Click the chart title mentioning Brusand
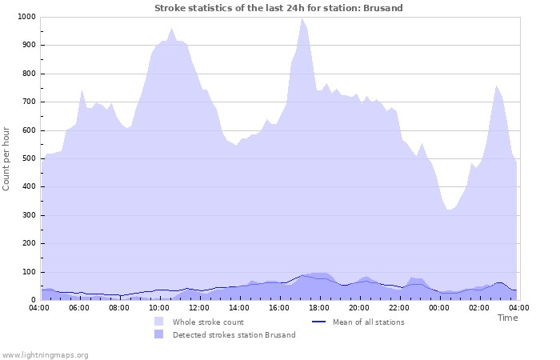[x=278, y=8]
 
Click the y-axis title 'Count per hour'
[x=7, y=158]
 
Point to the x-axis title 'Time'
[x=507, y=318]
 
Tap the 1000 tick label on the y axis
[x=26, y=17]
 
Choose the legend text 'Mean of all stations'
[x=368, y=322]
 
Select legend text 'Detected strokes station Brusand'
[x=234, y=335]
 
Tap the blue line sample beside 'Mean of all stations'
[x=320, y=322]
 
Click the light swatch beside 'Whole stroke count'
[x=159, y=322]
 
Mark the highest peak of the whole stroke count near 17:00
[x=302, y=18]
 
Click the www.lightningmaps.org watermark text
[x=45, y=354]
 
